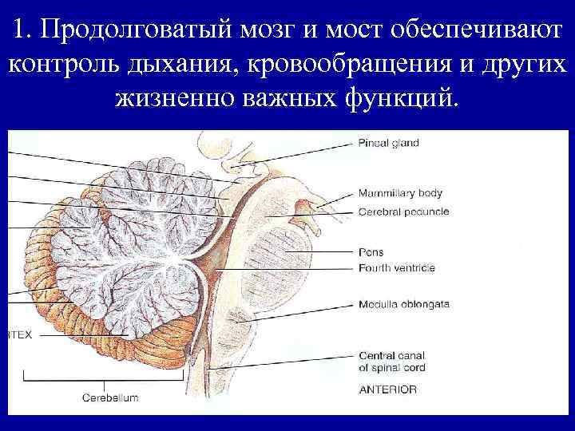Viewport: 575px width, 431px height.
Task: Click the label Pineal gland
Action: click(389, 144)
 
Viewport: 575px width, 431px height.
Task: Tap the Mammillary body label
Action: click(400, 193)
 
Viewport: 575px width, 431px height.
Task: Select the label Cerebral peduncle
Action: click(403, 212)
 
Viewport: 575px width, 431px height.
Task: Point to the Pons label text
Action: click(371, 253)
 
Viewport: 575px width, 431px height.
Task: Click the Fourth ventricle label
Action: click(397, 267)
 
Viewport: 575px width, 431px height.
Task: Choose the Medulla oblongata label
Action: click(404, 304)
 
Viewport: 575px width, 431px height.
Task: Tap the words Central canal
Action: click(392, 355)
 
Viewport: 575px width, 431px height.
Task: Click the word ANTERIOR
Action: click(388, 389)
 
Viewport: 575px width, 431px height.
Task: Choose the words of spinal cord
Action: click(392, 368)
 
